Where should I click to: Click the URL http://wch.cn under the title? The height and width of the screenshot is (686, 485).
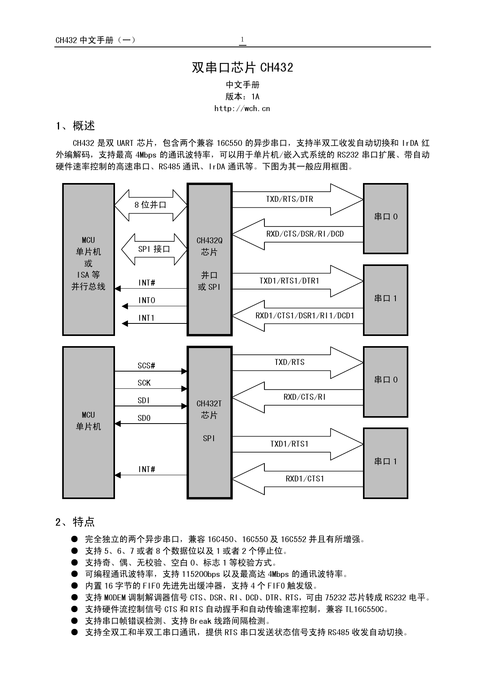(x=242, y=109)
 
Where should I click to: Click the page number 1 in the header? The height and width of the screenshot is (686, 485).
(x=242, y=40)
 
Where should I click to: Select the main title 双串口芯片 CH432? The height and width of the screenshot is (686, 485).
(x=242, y=68)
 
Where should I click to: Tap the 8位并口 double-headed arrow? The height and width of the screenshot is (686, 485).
(x=151, y=205)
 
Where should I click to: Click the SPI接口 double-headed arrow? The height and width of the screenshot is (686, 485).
(x=154, y=249)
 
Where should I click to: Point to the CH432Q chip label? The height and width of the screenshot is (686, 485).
(x=209, y=241)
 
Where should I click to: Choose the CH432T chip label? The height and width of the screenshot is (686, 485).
(x=209, y=404)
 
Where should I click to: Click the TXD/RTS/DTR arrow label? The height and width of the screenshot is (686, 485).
(x=289, y=199)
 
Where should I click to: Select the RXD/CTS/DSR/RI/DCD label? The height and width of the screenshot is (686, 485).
(x=305, y=234)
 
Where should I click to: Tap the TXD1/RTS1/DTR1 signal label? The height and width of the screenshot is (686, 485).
(x=289, y=281)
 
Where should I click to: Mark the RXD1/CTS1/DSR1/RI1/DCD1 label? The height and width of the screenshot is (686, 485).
(x=305, y=316)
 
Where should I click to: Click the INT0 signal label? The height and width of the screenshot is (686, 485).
(x=147, y=300)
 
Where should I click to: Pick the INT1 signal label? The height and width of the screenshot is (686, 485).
(x=147, y=318)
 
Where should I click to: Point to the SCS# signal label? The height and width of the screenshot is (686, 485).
(x=146, y=366)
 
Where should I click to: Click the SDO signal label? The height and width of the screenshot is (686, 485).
(x=144, y=418)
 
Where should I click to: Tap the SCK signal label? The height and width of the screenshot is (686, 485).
(x=144, y=383)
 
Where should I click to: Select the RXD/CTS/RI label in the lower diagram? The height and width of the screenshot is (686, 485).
(x=305, y=397)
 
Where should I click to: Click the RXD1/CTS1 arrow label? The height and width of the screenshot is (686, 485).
(x=305, y=479)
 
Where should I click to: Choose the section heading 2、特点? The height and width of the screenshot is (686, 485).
(x=75, y=522)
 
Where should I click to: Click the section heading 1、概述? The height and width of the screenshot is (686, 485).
(x=75, y=126)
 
